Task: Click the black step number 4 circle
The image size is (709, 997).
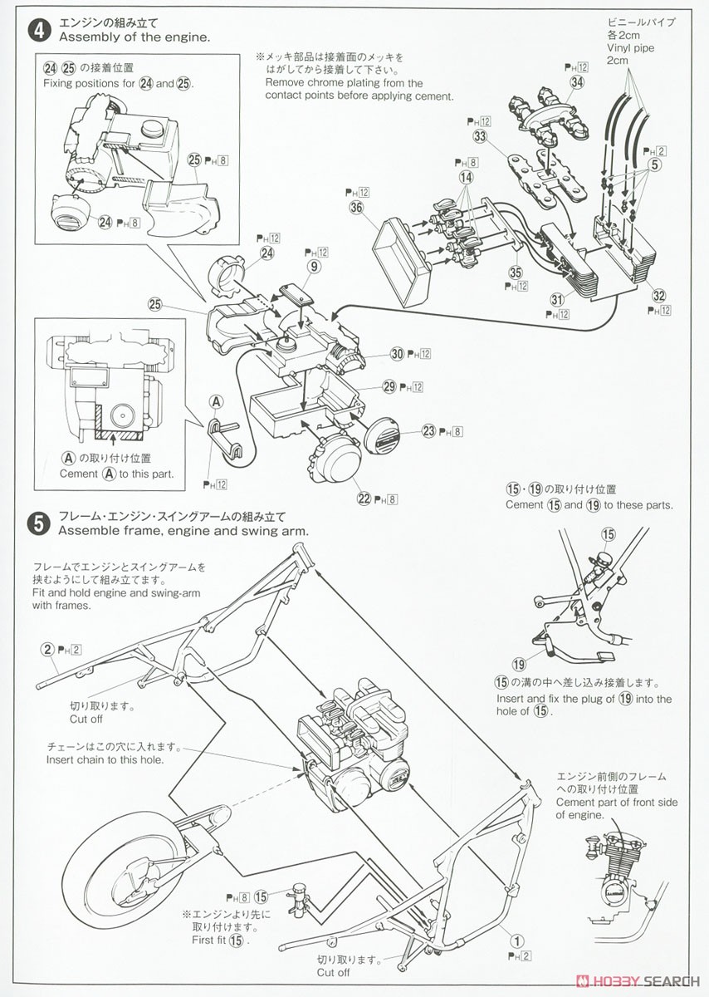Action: tap(37, 31)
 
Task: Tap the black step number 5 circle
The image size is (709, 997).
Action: tap(37, 523)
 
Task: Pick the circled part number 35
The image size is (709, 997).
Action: tap(516, 271)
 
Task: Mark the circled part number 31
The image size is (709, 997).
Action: tap(557, 299)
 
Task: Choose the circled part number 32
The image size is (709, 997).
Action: tap(659, 294)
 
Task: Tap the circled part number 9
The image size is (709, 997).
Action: tap(313, 267)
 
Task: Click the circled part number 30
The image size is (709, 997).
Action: tap(397, 354)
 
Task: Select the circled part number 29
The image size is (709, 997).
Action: tap(389, 386)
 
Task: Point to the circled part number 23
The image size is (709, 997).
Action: tap(428, 430)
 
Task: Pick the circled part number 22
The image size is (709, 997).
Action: tap(364, 498)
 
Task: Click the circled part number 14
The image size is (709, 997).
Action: tap(466, 177)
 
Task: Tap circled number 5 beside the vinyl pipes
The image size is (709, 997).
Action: tap(656, 165)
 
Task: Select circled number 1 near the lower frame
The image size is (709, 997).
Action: tap(517, 941)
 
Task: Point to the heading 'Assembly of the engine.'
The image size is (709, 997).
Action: tap(134, 37)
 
